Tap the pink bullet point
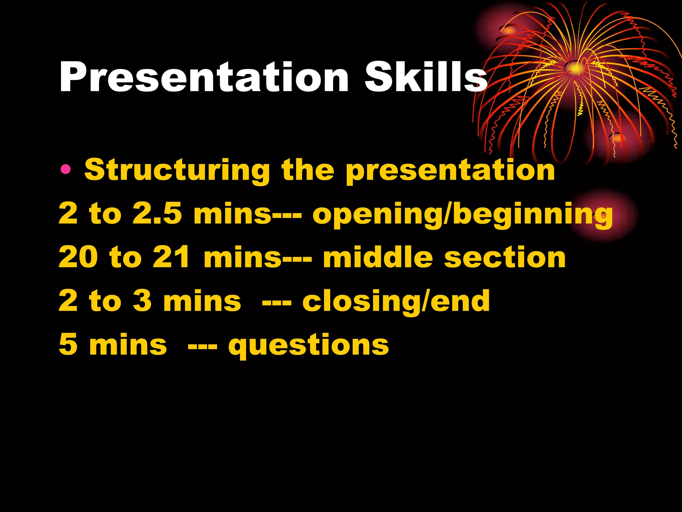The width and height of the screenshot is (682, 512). pos(66,170)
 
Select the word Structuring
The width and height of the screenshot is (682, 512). pos(177,170)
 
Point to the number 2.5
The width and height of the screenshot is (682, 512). pos(157,214)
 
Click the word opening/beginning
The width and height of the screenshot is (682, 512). pos(462,215)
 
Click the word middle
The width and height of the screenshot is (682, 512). pos(378,257)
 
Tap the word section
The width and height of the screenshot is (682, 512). pos(505,258)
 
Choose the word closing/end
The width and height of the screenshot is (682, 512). pos(396,301)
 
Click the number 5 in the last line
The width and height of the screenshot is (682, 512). pos(68,344)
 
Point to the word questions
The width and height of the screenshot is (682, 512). pos(308,346)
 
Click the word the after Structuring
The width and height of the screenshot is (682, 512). pos(308,170)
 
